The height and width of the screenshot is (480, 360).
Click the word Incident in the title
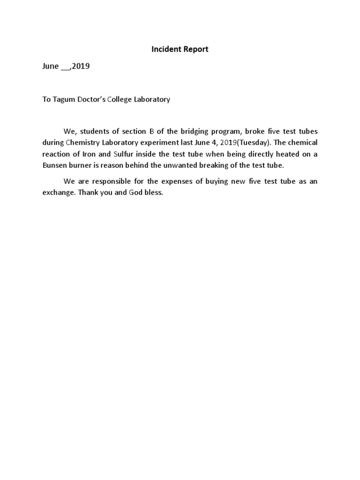[x=165, y=49]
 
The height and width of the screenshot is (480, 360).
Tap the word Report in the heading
[x=196, y=49]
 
